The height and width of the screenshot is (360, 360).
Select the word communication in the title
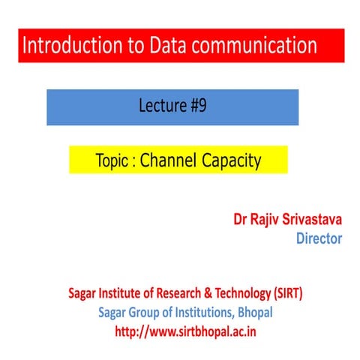click(260, 46)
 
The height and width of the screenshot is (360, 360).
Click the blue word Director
click(319, 239)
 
